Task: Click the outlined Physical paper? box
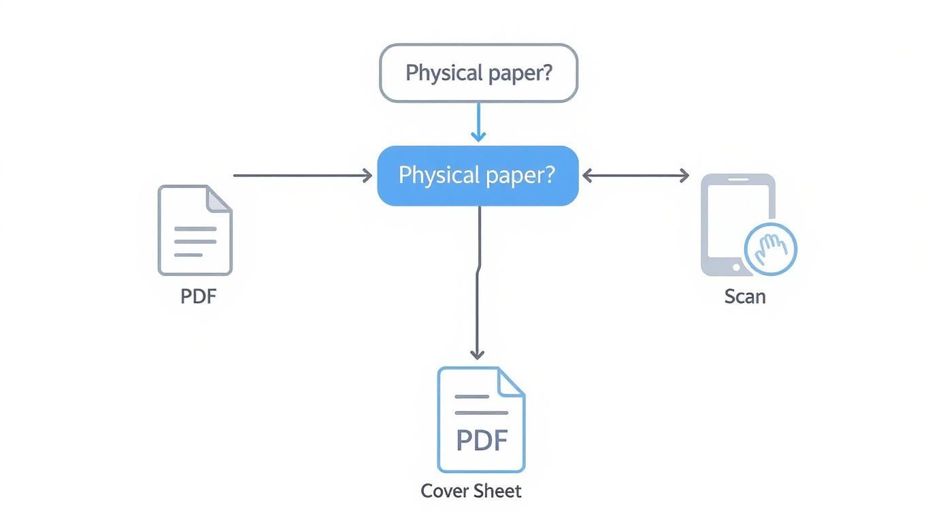(478, 73)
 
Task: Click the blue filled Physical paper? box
(478, 176)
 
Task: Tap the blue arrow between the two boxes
(478, 123)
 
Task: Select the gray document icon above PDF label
(195, 230)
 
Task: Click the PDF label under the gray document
(199, 297)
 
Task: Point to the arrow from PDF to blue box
(302, 176)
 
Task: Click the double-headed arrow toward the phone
(635, 176)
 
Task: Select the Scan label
(745, 297)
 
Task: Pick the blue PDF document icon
(481, 419)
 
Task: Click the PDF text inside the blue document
(482, 441)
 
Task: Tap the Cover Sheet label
(471, 491)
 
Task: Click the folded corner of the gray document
(219, 199)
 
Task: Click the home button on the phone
(736, 268)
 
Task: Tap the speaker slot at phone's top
(738, 180)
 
